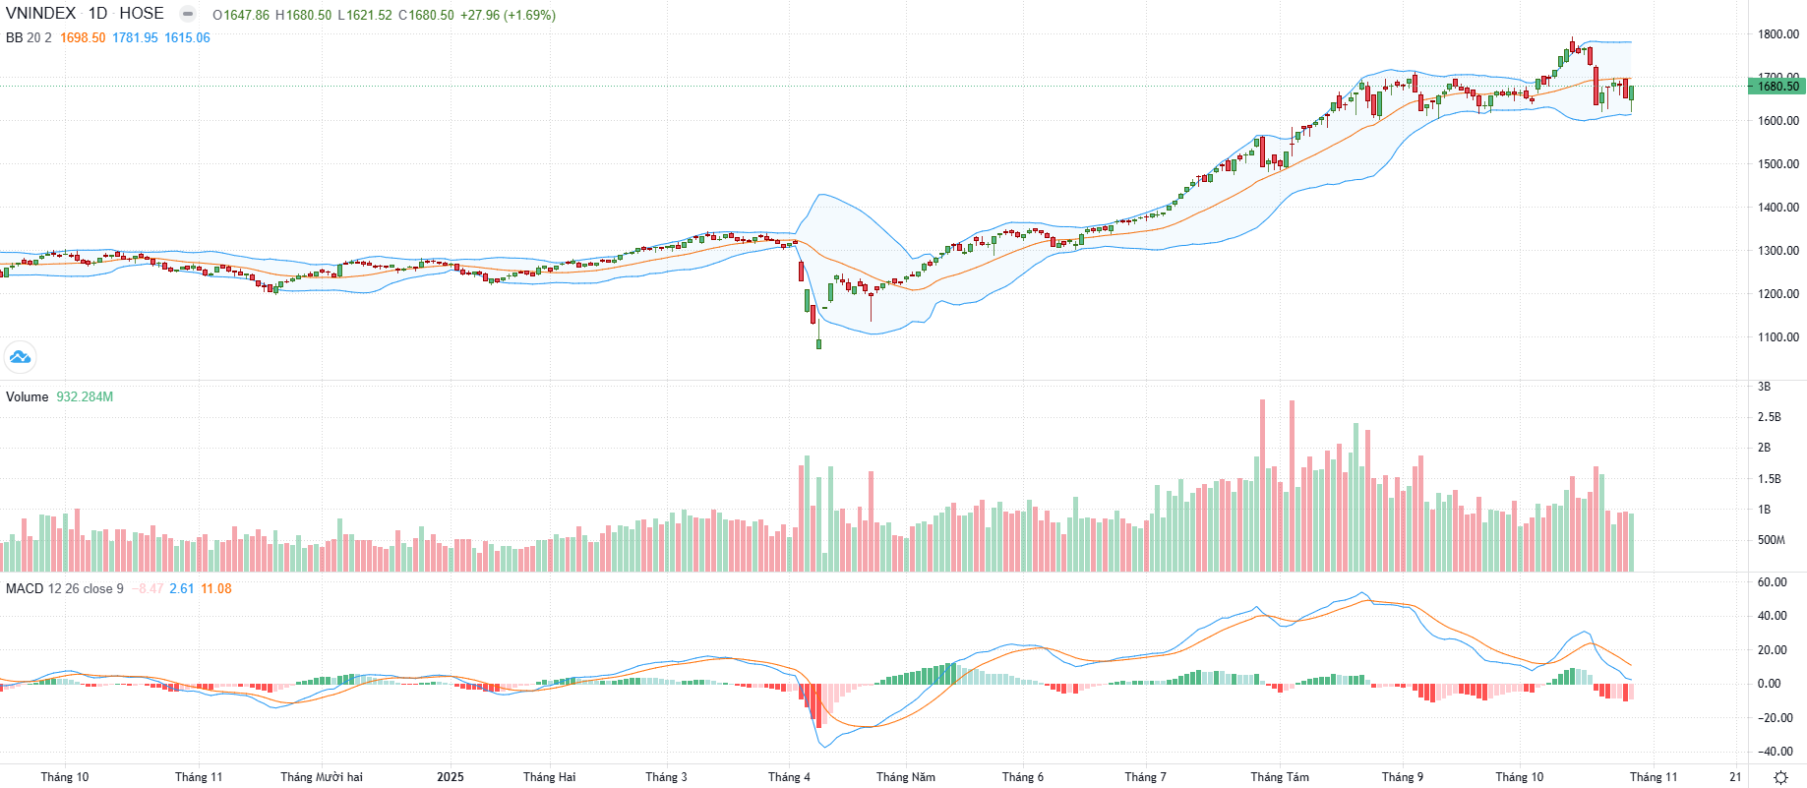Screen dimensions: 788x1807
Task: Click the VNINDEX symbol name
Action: coord(40,14)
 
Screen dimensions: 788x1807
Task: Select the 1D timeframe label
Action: coord(97,14)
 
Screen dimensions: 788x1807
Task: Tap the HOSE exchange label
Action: coord(142,14)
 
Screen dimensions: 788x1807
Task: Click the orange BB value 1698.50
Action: coord(83,38)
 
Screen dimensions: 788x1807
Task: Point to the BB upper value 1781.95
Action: coord(135,38)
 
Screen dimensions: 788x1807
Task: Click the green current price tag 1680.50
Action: coord(1777,87)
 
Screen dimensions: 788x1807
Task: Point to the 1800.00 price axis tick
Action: coord(1778,34)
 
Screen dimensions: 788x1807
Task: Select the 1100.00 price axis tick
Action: coord(1778,337)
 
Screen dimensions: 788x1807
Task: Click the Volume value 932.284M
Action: coord(85,397)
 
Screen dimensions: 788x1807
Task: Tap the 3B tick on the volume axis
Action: coord(1764,387)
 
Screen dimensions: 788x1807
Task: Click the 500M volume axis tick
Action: coord(1771,540)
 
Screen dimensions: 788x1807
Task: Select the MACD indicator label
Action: coord(25,589)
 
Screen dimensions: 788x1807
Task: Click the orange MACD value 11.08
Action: coord(216,589)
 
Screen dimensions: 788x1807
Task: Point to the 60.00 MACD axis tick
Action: coord(1773,582)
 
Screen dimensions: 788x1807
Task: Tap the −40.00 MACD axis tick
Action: coord(1775,752)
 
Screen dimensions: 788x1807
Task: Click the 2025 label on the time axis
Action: coord(451,777)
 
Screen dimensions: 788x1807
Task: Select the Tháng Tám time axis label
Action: coord(1280,777)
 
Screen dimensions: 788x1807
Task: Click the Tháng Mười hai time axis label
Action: coord(322,777)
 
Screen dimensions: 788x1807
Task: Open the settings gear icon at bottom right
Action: coord(1780,777)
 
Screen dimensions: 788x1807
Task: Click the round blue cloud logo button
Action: coord(20,357)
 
